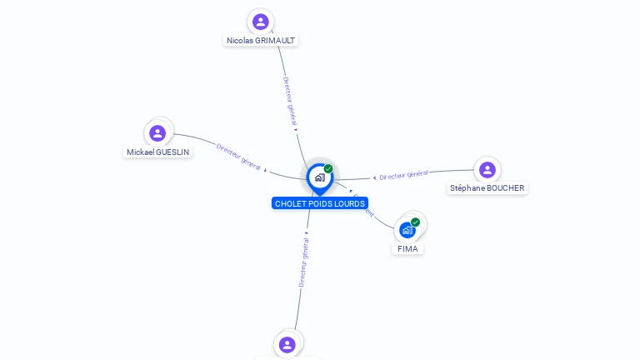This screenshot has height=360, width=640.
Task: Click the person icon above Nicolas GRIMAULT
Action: pyautogui.click(x=261, y=22)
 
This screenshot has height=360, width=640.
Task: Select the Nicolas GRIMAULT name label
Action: pyautogui.click(x=261, y=40)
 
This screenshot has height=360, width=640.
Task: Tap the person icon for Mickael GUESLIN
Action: pyautogui.click(x=157, y=133)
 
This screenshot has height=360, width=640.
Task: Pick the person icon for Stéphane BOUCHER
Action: pyautogui.click(x=487, y=170)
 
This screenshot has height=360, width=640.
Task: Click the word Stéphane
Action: pyautogui.click(x=467, y=188)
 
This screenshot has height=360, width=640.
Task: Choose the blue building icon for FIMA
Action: pyautogui.click(x=407, y=230)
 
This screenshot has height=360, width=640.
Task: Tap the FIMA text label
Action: pyautogui.click(x=407, y=248)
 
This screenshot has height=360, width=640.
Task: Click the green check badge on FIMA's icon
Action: pyautogui.click(x=415, y=222)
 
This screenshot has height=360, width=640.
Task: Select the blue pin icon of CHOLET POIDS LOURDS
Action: pyautogui.click(x=319, y=177)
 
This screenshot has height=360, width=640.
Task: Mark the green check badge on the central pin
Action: pyautogui.click(x=328, y=168)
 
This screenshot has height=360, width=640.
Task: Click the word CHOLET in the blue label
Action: pyautogui.click(x=290, y=203)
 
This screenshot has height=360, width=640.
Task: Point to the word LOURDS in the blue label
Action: pyautogui.click(x=350, y=203)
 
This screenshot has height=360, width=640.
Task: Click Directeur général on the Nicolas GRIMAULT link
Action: pyautogui.click(x=289, y=101)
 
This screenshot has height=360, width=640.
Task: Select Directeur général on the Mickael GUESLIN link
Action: pyautogui.click(x=238, y=157)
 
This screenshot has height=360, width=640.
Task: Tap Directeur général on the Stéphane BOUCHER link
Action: pyautogui.click(x=404, y=174)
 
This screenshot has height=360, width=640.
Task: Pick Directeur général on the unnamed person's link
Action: pyautogui.click(x=304, y=262)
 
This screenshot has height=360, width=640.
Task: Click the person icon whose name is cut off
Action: pyautogui.click(x=287, y=344)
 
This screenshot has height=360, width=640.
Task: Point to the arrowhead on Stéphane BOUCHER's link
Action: pyautogui.click(x=375, y=177)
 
